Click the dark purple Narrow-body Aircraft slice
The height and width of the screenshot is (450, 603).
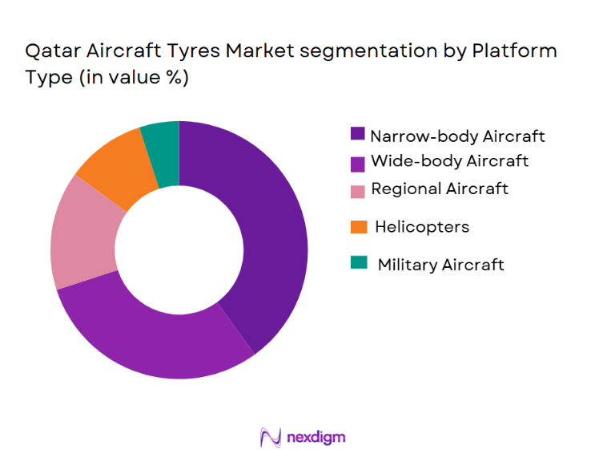[268, 233]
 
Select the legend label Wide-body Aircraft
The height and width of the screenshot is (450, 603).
[448, 161]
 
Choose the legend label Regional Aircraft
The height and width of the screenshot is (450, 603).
[439, 189]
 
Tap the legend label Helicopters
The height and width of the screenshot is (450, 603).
[422, 227]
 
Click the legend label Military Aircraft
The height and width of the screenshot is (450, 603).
[440, 264]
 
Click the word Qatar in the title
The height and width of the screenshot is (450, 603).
[51, 52]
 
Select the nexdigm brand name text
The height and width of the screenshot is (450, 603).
[316, 437]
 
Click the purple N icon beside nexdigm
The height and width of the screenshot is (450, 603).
[271, 437]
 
